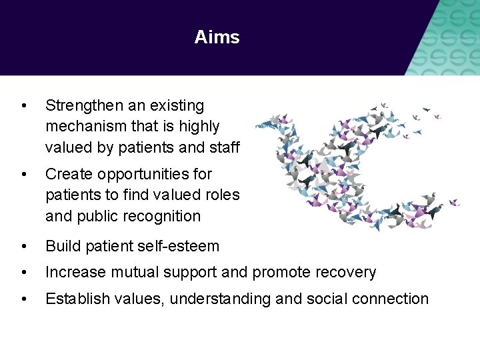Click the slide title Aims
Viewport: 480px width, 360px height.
[217, 37]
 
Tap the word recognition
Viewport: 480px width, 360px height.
[162, 217]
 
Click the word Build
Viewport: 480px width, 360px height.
[60, 246]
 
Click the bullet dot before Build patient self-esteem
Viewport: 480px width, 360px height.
[24, 247]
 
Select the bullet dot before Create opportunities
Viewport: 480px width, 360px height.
[24, 175]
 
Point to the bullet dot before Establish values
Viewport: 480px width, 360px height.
[24, 299]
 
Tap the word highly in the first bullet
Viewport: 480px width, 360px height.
[198, 126]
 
